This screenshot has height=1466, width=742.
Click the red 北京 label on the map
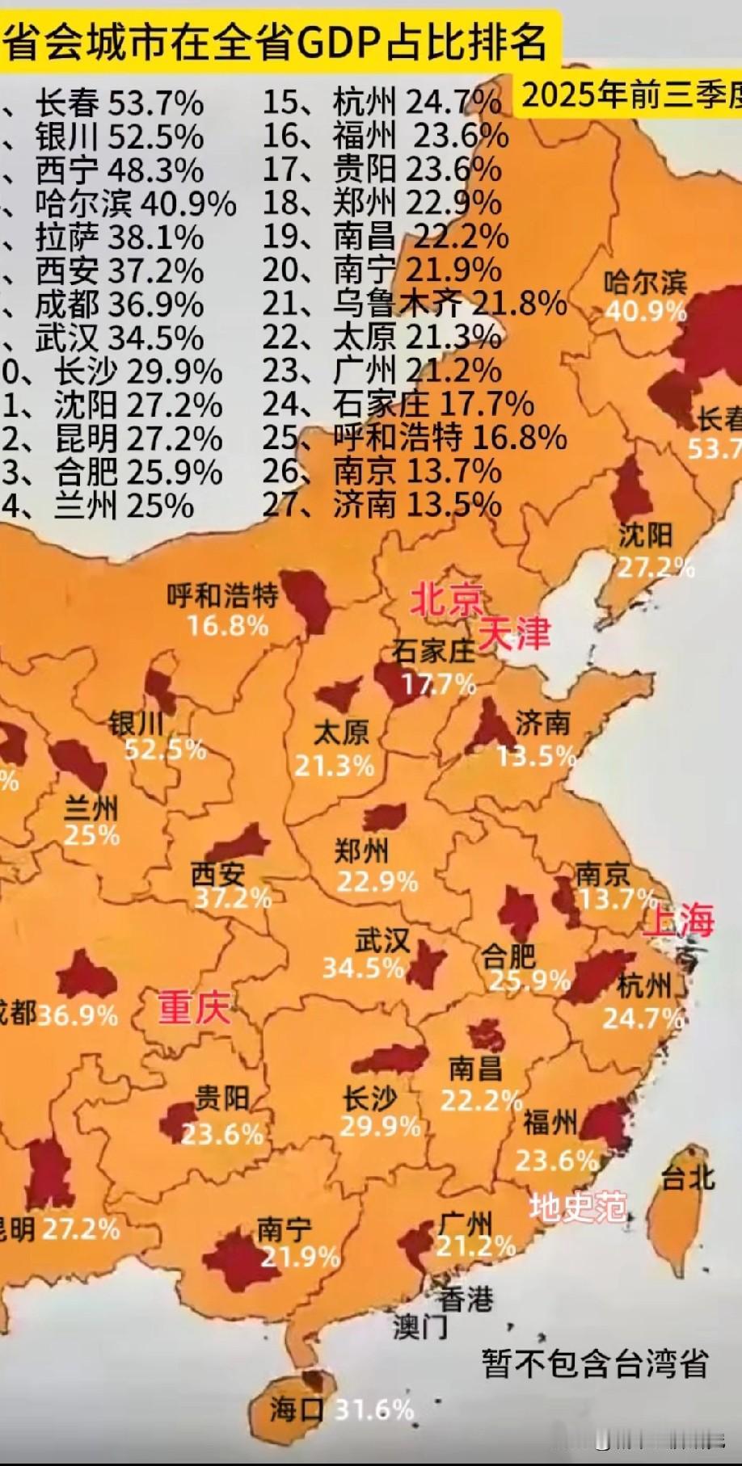(x=446, y=600)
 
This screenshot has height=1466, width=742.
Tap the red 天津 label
(x=514, y=633)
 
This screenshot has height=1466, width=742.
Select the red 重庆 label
(x=193, y=1007)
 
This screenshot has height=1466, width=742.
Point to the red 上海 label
(x=679, y=920)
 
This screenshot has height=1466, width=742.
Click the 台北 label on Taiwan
(x=688, y=1178)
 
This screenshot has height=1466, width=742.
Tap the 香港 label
(x=466, y=1299)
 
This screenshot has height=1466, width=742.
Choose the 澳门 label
(x=420, y=1325)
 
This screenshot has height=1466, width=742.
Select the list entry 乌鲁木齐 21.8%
(x=449, y=304)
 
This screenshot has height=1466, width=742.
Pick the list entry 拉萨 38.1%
(x=119, y=237)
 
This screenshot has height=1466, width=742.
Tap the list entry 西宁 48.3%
(x=119, y=170)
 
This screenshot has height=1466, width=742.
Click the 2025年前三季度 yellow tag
(x=630, y=95)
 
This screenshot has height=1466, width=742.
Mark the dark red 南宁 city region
(x=235, y=1258)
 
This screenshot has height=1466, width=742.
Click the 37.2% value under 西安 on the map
(x=233, y=897)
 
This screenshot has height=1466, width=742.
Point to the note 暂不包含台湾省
(x=594, y=1364)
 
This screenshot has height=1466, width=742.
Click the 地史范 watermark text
(x=578, y=1207)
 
